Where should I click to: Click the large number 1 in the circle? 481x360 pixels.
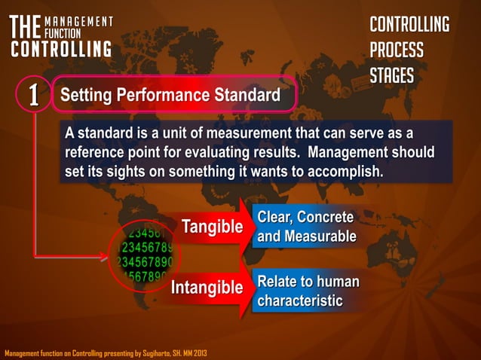click(x=33, y=96)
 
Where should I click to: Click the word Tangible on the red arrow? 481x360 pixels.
click(x=212, y=227)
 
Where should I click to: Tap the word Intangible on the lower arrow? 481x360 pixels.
click(x=207, y=287)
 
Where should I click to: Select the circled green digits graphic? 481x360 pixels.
click(x=144, y=253)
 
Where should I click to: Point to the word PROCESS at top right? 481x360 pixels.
click(x=397, y=50)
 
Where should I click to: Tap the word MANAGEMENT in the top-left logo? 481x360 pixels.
click(x=78, y=21)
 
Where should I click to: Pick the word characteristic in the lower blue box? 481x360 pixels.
click(x=300, y=301)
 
